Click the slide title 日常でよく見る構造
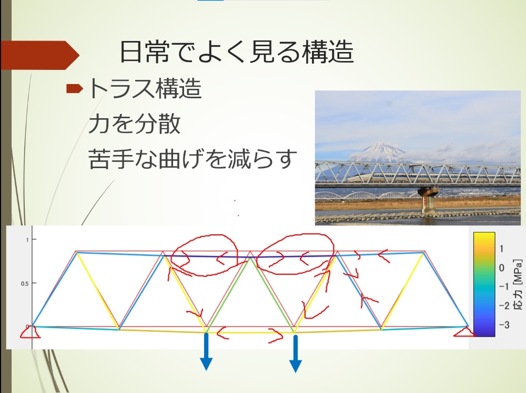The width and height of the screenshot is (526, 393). [x=237, y=51]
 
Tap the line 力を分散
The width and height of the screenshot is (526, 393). [x=135, y=123]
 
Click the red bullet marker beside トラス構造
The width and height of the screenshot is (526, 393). [x=74, y=88]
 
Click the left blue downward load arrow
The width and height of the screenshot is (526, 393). [x=206, y=351]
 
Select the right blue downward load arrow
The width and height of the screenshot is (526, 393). [x=296, y=354]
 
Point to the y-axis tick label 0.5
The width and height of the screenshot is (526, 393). [x=25, y=283]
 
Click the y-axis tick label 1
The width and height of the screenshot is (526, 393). [x=27, y=240]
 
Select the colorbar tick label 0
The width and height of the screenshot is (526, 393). [x=501, y=268]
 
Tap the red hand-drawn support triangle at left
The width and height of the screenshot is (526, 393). [x=30, y=332]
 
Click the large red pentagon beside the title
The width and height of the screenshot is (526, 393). [x=40, y=55]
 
